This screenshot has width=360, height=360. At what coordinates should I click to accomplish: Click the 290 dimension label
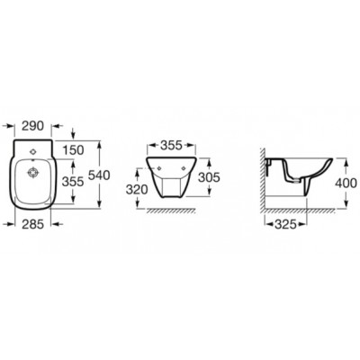33,126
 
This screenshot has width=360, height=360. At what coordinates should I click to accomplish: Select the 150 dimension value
73,150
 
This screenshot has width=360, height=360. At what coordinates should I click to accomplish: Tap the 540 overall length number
99,175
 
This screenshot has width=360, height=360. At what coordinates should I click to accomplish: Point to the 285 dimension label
33,224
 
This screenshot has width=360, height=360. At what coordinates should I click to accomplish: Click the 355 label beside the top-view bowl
73,181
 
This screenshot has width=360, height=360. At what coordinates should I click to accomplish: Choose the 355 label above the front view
171,146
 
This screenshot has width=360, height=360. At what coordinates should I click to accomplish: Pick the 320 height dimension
137,190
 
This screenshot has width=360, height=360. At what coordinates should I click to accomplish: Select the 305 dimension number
210,177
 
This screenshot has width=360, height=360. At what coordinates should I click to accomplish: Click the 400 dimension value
346,183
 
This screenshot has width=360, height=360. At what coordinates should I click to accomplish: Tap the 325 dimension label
285,224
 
